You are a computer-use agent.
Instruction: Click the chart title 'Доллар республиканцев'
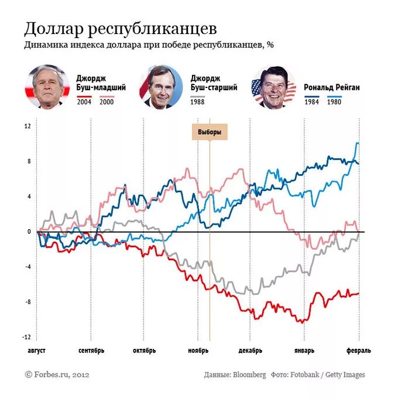coord(121,29)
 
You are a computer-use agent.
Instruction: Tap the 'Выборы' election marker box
coord(210,132)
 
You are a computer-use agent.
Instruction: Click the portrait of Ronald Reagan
coord(273,87)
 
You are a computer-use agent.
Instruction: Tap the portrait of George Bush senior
coord(160,87)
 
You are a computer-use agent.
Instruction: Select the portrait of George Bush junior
coord(47,87)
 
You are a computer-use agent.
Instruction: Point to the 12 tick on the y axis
coord(28,126)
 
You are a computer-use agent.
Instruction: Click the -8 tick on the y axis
coord(28,302)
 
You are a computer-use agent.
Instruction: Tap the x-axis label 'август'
coord(36,351)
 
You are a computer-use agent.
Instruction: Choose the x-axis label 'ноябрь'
coord(198,351)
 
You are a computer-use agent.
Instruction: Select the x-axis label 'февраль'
coord(358,351)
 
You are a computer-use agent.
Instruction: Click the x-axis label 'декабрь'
coord(251,351)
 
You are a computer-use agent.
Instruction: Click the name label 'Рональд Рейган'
coord(331,87)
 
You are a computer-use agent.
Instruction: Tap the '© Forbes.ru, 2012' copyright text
coord(57,374)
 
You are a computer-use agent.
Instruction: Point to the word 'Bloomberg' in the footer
coord(249,375)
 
